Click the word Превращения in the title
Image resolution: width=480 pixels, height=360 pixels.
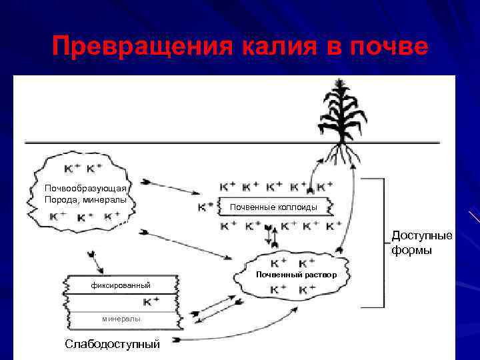coord(136,47)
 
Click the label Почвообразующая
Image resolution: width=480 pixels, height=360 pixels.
coord(85,188)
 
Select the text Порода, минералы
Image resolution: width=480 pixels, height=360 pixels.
coord(85,199)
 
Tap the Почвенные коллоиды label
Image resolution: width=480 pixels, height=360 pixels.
coord(273,208)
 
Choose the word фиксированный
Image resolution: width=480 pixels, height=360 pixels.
coord(121,286)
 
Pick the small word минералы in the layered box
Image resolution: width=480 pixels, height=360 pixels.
coord(121,319)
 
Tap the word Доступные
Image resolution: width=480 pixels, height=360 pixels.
coord(421,236)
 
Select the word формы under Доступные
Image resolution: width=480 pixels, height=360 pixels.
coord(411,250)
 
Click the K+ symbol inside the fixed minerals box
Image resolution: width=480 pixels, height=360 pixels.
coord(151,302)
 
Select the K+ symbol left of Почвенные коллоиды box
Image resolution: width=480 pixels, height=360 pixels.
coord(206,207)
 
